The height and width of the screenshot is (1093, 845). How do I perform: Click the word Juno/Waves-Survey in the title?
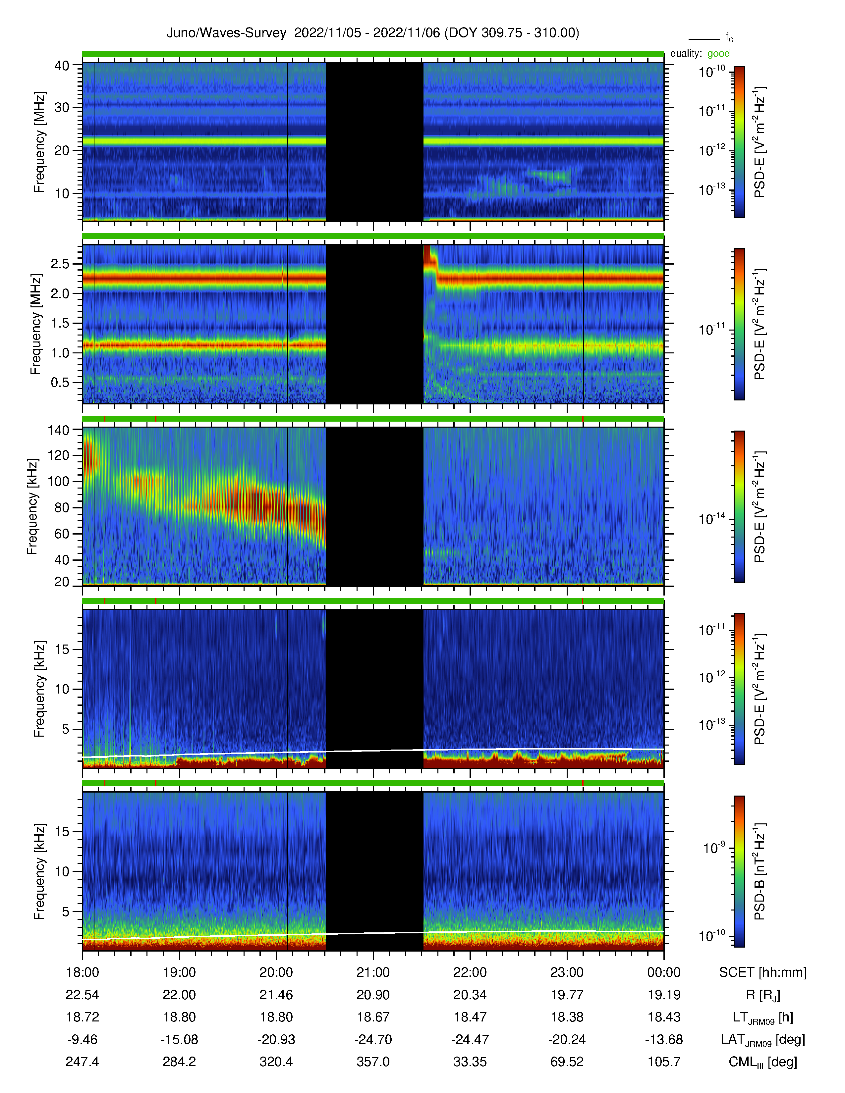[226, 33]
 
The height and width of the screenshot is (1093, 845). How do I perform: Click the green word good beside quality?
[718, 54]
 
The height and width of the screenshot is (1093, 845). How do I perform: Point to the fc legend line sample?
[704, 39]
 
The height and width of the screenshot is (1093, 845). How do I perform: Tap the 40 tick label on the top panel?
[62, 66]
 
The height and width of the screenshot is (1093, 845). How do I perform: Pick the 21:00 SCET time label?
[373, 972]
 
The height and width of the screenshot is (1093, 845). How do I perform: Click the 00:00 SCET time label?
[664, 972]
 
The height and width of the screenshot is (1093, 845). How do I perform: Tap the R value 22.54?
[82, 995]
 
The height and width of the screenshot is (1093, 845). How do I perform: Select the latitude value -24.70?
[373, 1039]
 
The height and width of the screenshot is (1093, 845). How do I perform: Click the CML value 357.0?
[373, 1062]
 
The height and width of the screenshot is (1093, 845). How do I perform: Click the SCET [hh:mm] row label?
[763, 972]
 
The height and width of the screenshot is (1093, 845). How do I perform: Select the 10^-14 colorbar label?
[712, 518]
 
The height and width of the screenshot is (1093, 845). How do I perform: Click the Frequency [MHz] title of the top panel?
[39, 142]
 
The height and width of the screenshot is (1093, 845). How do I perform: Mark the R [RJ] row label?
[763, 995]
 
